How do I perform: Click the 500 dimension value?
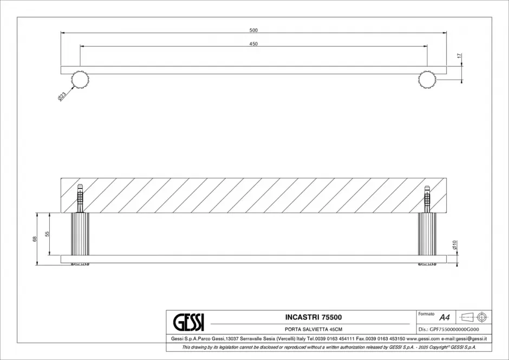click(253, 30)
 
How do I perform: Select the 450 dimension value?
click(253, 44)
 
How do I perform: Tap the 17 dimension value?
click(459, 56)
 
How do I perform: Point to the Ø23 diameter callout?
click(62, 96)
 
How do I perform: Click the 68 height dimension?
click(35, 239)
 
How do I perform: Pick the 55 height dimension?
click(47, 234)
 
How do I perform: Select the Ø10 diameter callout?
click(454, 245)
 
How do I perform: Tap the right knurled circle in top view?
click(427, 80)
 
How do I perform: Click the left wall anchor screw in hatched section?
click(80, 198)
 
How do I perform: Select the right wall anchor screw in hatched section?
click(427, 198)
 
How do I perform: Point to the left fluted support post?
click(80, 234)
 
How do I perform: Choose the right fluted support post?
click(427, 234)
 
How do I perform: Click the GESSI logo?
click(188, 322)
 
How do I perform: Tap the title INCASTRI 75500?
click(314, 317)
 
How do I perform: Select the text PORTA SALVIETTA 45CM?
click(314, 329)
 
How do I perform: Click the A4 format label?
click(445, 317)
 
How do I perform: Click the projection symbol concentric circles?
click(482, 317)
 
